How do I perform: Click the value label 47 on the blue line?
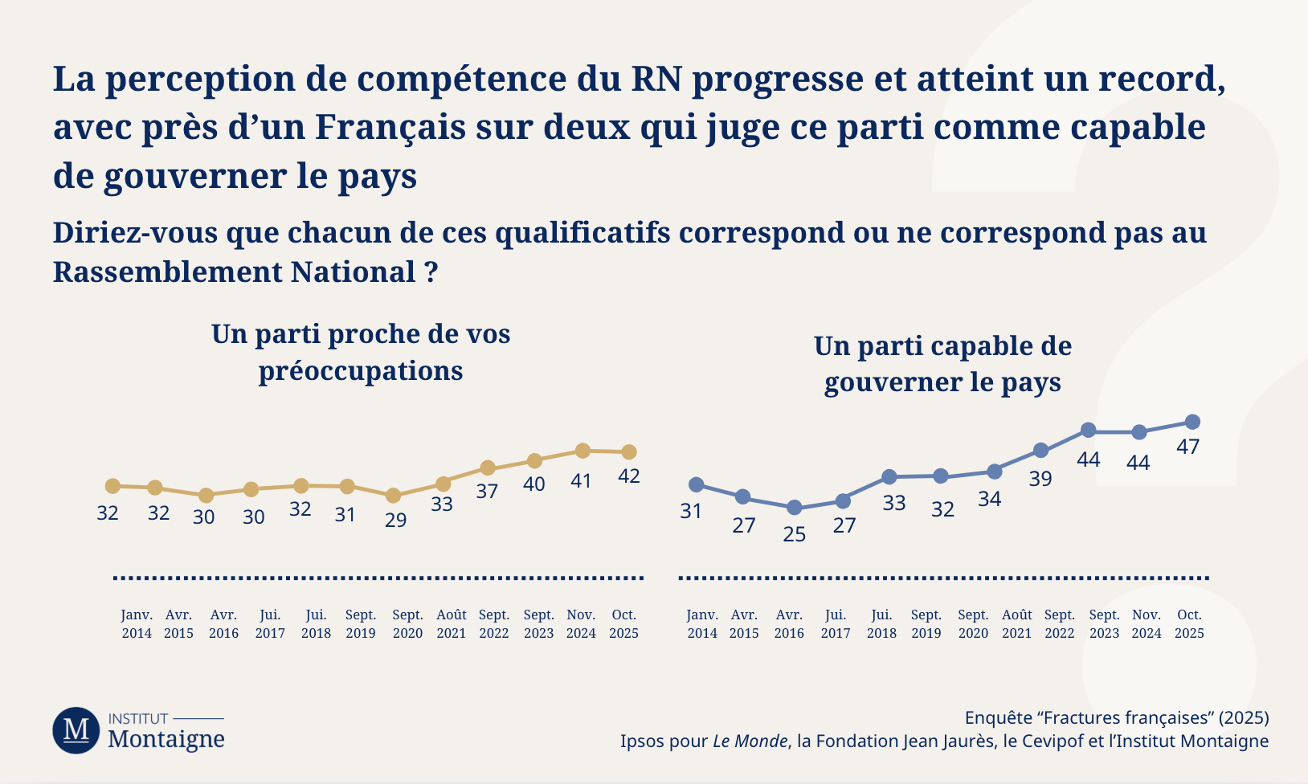(1187, 447)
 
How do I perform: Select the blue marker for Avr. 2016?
(795, 508)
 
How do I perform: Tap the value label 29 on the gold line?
(395, 520)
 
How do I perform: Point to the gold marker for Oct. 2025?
(629, 452)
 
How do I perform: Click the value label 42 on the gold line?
(628, 476)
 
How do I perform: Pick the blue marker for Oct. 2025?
(1193, 422)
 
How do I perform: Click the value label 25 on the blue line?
(794, 534)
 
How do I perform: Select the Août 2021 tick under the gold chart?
(452, 624)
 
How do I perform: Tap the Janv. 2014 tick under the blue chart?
(702, 624)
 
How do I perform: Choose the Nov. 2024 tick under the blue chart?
(1147, 624)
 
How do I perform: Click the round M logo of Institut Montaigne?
(76, 730)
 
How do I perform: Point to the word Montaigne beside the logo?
(166, 739)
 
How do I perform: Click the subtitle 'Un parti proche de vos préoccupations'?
(361, 352)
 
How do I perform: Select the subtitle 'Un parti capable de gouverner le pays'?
(942, 364)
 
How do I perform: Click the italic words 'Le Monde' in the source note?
(750, 741)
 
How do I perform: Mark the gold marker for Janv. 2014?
(112, 485)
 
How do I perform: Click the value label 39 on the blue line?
(1040, 479)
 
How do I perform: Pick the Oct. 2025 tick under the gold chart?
(624, 624)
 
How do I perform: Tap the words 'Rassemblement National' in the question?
(234, 272)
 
